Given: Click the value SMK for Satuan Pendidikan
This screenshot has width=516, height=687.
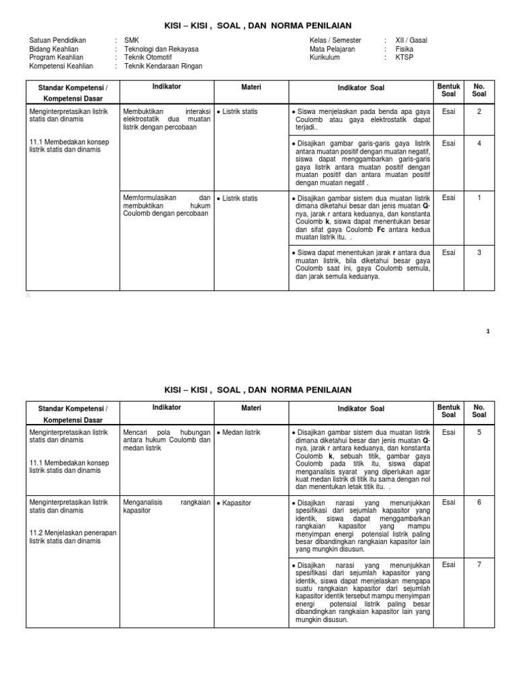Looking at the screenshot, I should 132,40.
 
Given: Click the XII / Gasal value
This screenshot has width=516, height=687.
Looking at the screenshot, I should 411,40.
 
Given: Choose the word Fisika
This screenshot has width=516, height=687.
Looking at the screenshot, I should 404,49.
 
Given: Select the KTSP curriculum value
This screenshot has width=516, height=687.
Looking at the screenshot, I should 404,58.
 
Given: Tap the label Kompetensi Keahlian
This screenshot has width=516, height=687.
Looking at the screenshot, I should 62,66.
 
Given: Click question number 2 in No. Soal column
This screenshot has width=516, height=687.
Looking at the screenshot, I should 479,111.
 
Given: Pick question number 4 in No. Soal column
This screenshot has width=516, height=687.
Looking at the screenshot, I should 479,143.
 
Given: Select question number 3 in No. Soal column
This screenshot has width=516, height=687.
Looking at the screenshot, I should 479,252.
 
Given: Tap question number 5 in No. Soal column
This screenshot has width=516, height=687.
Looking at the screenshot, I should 479,432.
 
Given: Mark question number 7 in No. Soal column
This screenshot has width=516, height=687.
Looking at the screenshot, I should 479,564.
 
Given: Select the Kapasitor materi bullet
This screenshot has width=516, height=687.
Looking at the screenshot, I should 241,502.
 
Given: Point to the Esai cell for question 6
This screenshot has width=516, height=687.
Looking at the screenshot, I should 448,502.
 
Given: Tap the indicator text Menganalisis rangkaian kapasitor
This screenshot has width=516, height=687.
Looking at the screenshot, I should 165,506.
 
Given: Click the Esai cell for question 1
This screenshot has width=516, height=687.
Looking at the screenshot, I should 448,198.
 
